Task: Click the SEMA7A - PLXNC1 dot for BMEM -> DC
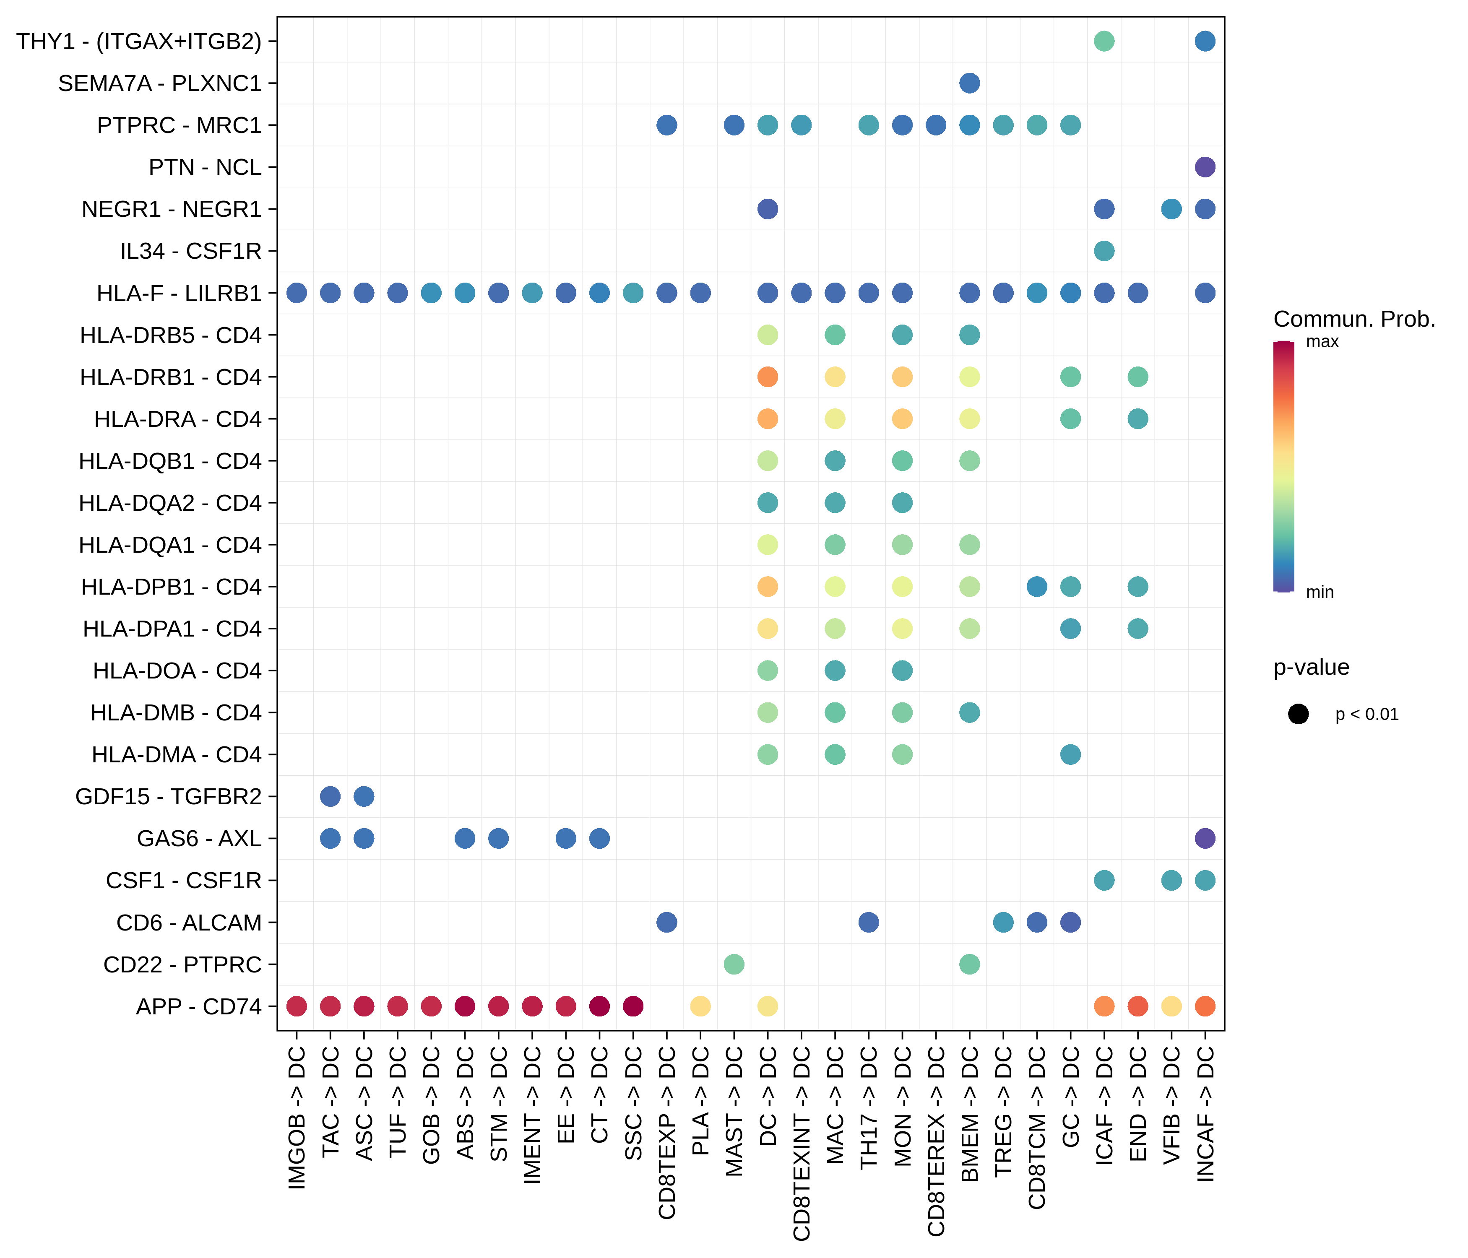click(x=969, y=83)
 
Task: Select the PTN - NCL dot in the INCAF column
click(x=1205, y=167)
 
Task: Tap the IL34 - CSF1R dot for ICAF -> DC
click(x=1104, y=251)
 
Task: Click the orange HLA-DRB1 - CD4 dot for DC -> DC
click(x=767, y=377)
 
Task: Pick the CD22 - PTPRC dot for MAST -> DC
click(x=734, y=964)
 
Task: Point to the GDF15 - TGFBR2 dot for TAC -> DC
click(x=330, y=796)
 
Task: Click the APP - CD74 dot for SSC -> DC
click(x=632, y=1006)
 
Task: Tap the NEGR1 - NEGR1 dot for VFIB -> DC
click(x=1171, y=209)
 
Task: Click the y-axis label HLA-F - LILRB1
click(x=179, y=293)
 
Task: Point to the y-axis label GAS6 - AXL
click(x=199, y=839)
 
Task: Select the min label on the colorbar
click(x=1319, y=592)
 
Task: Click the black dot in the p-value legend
click(x=1298, y=714)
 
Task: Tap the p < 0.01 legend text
click(x=1366, y=715)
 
